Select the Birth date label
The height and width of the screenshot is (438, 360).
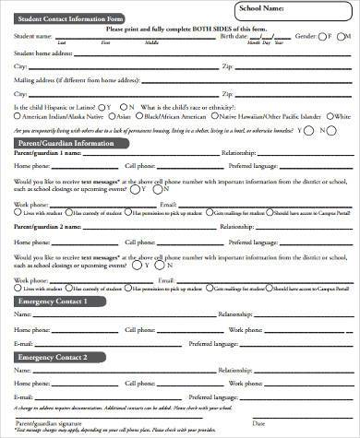pos(234,36)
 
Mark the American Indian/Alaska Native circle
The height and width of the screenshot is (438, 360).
pos(17,116)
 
